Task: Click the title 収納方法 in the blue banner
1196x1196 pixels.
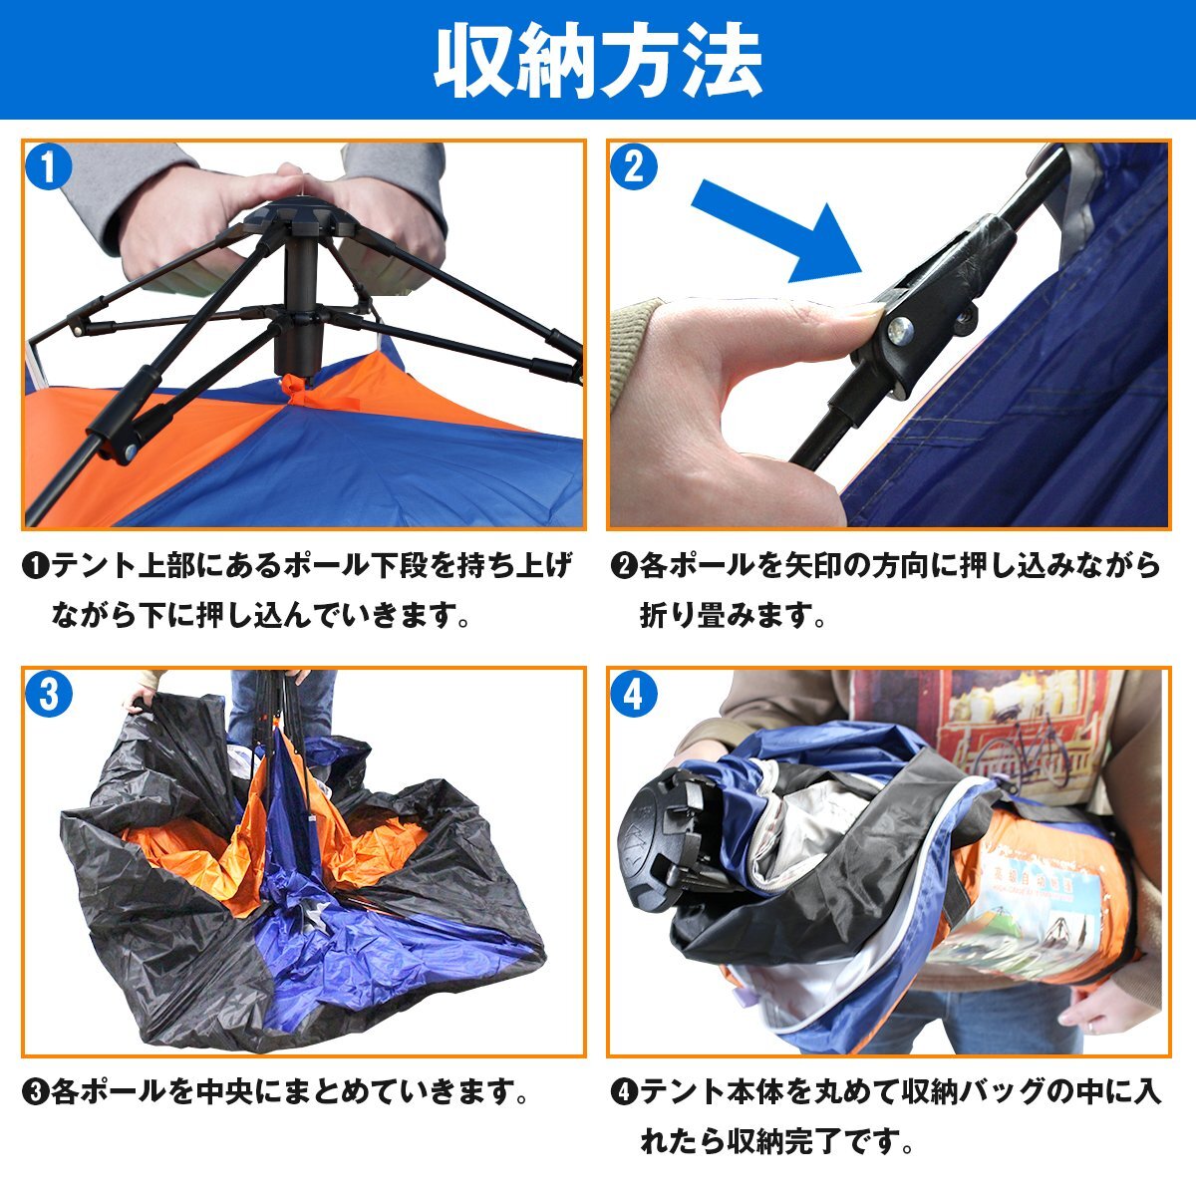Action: (x=598, y=61)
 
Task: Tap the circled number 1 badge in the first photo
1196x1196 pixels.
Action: (x=49, y=167)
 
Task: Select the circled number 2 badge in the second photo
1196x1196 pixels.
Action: (x=634, y=167)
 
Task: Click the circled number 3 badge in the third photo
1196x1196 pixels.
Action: (x=49, y=694)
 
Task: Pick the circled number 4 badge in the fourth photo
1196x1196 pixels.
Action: (x=634, y=694)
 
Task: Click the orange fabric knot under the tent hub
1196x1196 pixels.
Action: (x=297, y=388)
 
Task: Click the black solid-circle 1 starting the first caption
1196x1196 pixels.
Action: (x=35, y=566)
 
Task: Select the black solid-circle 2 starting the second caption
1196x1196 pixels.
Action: (x=623, y=566)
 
